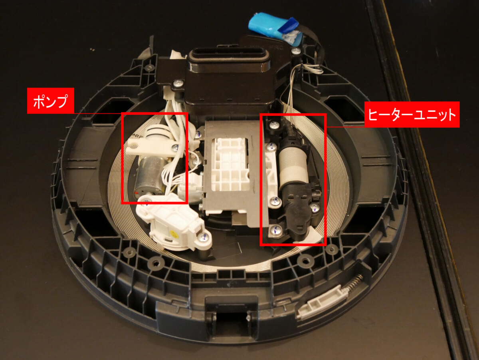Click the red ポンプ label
coord(51,101)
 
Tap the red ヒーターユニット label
coord(412,114)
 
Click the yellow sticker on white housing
coord(174,234)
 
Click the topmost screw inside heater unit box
coord(274,125)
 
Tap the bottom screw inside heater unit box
coord(276,230)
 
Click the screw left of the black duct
coord(178,83)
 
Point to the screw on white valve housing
coord(204,237)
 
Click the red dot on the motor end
coord(137,193)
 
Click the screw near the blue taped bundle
coord(296,51)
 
